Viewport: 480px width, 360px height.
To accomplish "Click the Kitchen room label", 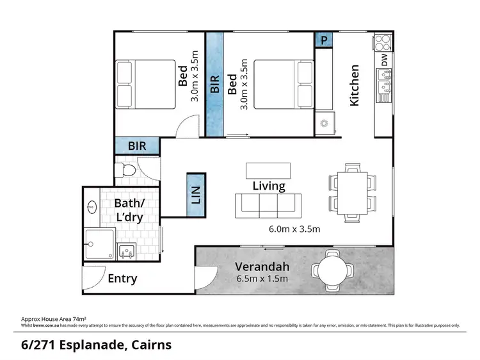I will tap(354, 85).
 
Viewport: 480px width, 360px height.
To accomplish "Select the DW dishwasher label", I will tap(384, 60).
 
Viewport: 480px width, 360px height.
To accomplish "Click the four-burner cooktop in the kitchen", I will tap(382, 42).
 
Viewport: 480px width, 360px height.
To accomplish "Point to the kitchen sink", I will tap(385, 85).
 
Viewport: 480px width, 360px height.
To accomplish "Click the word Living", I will tap(268, 186).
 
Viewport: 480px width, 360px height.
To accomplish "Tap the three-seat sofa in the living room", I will tap(268, 206).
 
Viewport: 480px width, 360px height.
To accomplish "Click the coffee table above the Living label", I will tap(268, 170).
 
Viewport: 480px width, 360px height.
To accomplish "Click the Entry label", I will tap(122, 279).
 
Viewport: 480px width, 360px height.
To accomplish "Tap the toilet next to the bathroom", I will tap(126, 170).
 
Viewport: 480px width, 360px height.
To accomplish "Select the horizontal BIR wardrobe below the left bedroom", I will tap(137, 146).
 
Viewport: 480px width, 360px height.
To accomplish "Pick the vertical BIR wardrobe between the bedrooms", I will tap(214, 85).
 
